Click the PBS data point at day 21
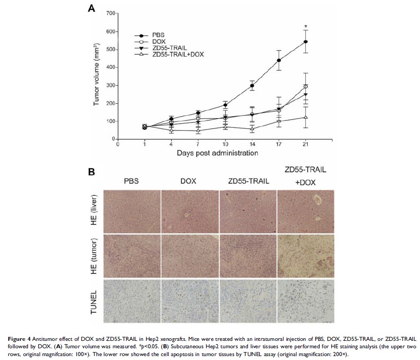click(306, 42)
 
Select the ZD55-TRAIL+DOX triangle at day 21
click(306, 117)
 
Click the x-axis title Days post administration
click(217, 153)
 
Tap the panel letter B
click(92, 172)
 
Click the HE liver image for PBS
click(131, 211)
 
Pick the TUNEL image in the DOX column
click(190, 301)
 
